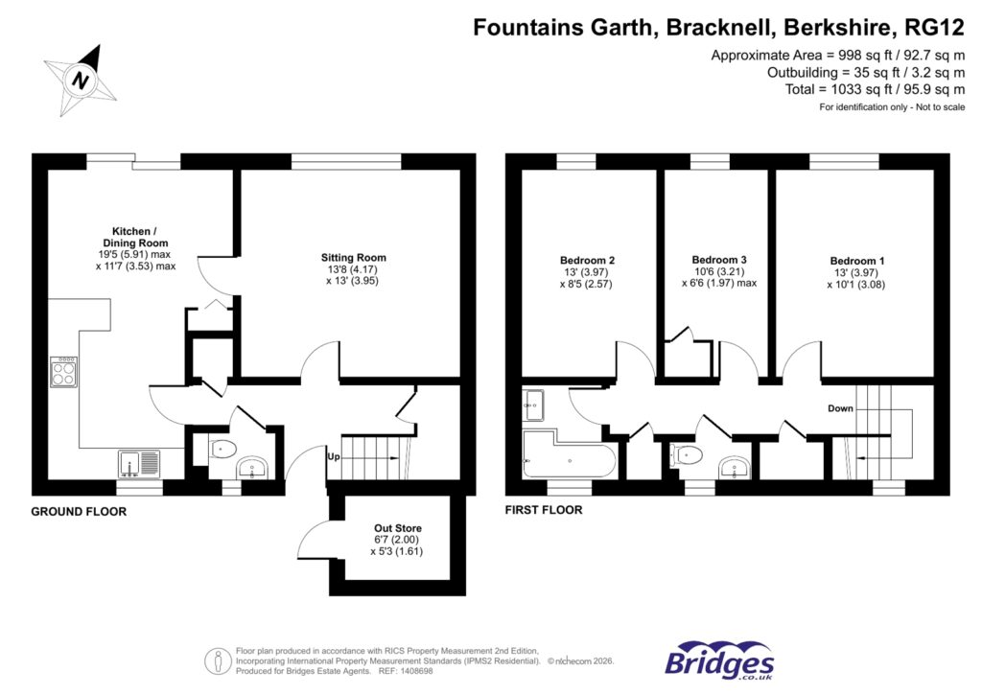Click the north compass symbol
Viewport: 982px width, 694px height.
81,76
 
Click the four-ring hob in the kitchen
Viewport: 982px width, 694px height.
64,371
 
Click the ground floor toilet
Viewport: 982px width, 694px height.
222,448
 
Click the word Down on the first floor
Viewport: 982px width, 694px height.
841,408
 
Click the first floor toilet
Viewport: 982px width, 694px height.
689,454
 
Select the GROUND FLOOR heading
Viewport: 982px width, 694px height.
79,512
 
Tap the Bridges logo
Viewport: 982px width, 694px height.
719,661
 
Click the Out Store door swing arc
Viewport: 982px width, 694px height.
309,539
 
